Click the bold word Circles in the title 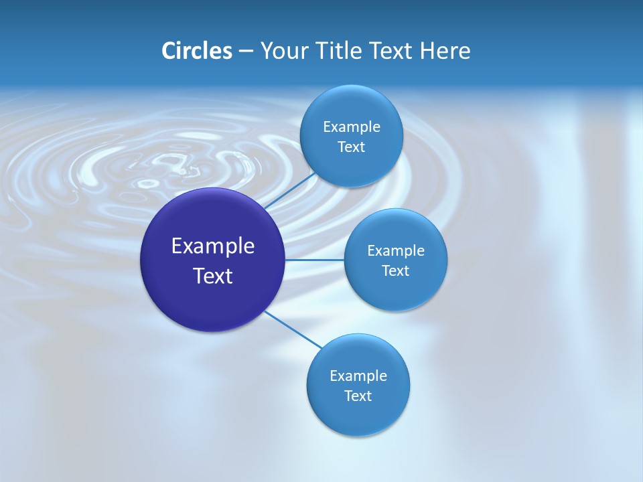[x=196, y=51]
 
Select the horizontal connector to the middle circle [x=314, y=260]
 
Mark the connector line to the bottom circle [x=292, y=329]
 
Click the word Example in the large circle [x=213, y=246]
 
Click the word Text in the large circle [x=213, y=276]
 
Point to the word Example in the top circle [x=351, y=127]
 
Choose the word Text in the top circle [x=351, y=147]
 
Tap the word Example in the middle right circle [x=395, y=251]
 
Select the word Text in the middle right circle [x=395, y=271]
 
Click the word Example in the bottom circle [x=358, y=376]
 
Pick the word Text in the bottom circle [x=358, y=396]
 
